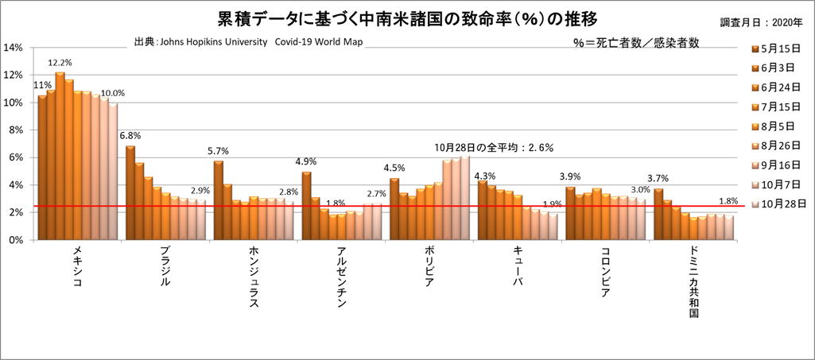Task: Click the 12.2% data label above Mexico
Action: point(60,63)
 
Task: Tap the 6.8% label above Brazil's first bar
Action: point(130,135)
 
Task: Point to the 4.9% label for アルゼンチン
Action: point(306,161)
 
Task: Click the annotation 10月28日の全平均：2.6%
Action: point(494,147)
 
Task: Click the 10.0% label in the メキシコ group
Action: point(112,93)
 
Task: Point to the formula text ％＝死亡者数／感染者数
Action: point(635,43)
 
